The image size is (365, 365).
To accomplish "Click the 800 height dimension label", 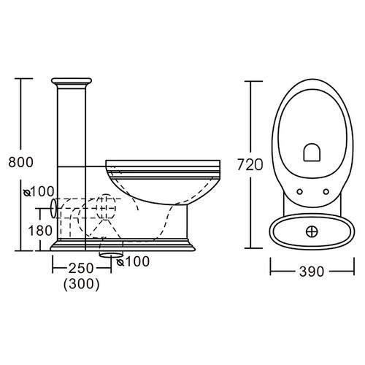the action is point(20,162).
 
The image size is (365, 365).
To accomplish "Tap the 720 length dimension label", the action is point(250,165).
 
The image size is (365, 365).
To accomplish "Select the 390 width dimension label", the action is point(312,272).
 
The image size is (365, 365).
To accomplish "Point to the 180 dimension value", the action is point(40,231).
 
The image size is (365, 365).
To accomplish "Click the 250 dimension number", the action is point(81,268).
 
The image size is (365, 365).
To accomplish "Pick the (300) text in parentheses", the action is point(82,284).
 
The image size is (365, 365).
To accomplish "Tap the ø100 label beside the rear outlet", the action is point(39,192).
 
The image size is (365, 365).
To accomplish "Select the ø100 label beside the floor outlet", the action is point(134,261).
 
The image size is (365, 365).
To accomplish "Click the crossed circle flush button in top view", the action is point(312,231).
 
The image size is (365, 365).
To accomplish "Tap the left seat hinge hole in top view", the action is point(300,192).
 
